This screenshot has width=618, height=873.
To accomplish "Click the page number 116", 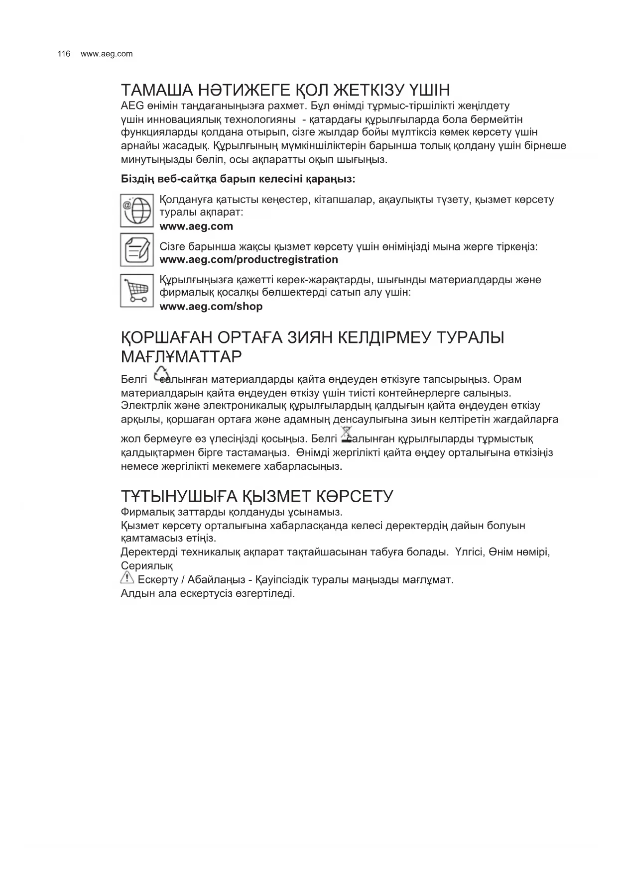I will click(x=64, y=54).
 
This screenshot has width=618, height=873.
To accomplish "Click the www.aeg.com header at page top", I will click(x=107, y=54).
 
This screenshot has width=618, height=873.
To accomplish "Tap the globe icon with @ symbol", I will click(x=136, y=211).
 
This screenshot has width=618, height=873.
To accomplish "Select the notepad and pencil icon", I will click(x=136, y=249).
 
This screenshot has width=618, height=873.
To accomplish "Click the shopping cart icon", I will click(x=136, y=291).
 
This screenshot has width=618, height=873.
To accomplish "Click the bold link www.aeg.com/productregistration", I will click(x=248, y=259).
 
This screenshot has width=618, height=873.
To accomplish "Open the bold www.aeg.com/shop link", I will click(x=211, y=306).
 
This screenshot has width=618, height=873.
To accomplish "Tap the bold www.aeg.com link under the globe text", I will click(x=196, y=226).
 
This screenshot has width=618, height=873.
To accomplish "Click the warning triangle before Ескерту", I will click(x=127, y=578).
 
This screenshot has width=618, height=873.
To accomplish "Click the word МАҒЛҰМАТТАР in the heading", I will click(x=181, y=356).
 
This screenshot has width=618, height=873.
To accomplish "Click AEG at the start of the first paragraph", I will click(x=132, y=106).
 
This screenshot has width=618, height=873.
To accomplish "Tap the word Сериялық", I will click(x=147, y=566).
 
